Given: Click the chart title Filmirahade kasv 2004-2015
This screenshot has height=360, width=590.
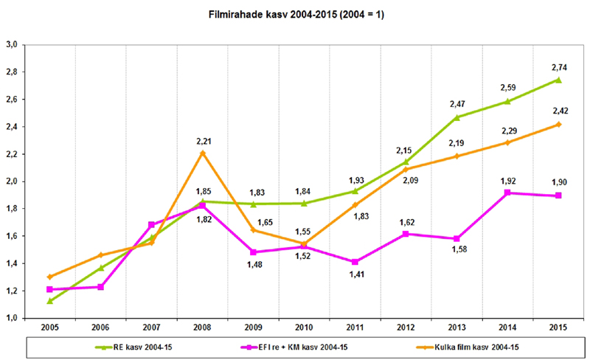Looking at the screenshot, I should (x=295, y=14).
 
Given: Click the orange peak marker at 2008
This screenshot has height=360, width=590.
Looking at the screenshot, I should (x=202, y=153).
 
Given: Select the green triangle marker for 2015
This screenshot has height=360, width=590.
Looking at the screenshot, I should (x=558, y=80).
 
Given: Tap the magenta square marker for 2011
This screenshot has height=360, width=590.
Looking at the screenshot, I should (x=355, y=262).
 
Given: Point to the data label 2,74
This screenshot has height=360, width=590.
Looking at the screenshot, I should (x=558, y=66).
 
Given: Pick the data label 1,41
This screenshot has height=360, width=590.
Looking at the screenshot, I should (x=355, y=276).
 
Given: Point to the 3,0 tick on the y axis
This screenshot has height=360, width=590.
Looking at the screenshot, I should (x=13, y=45).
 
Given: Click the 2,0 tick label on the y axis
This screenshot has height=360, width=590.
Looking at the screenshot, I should (x=13, y=181).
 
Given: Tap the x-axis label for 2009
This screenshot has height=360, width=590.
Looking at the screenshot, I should (x=253, y=327).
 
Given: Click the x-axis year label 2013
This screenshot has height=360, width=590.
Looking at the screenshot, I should (x=457, y=327).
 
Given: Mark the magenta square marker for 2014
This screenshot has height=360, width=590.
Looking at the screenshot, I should (x=507, y=193).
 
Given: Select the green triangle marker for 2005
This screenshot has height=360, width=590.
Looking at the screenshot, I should (x=49, y=301).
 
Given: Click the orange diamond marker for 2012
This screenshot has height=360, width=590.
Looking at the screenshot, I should (x=406, y=169).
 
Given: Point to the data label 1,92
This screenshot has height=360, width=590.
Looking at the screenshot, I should (x=507, y=179).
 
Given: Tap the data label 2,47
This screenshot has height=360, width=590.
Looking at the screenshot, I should (x=457, y=103).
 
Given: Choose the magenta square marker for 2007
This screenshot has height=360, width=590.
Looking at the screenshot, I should (x=151, y=224).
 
